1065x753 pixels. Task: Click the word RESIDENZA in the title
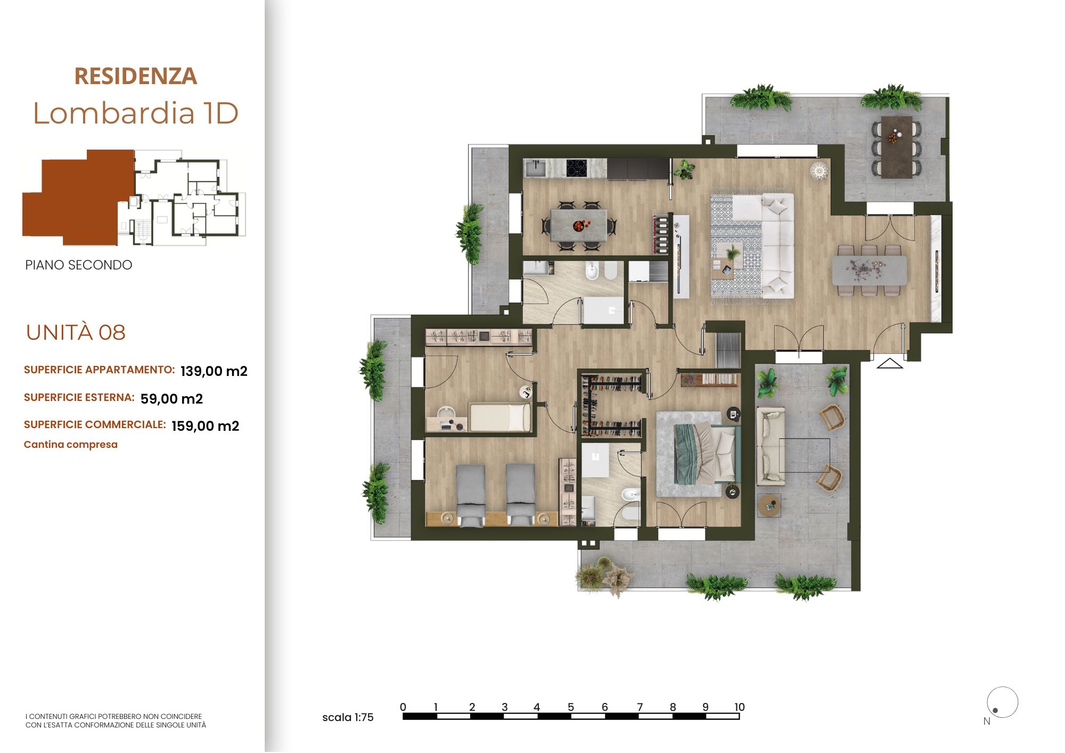136,76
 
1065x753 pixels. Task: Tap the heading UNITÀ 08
76,332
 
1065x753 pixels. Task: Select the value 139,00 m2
214,371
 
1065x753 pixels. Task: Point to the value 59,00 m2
171,399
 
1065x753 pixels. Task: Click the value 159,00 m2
206,426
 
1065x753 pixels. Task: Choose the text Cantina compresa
71,445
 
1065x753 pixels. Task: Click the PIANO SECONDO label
79,265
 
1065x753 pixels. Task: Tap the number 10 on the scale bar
739,707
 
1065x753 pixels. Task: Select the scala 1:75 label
348,717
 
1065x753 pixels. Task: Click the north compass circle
1003,702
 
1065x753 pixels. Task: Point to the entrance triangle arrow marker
890,363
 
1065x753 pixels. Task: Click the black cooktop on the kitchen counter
576,168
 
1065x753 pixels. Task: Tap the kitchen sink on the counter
535,169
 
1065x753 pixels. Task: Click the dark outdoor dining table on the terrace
897,146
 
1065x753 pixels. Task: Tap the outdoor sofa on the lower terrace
771,446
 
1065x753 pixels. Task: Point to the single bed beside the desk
499,417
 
